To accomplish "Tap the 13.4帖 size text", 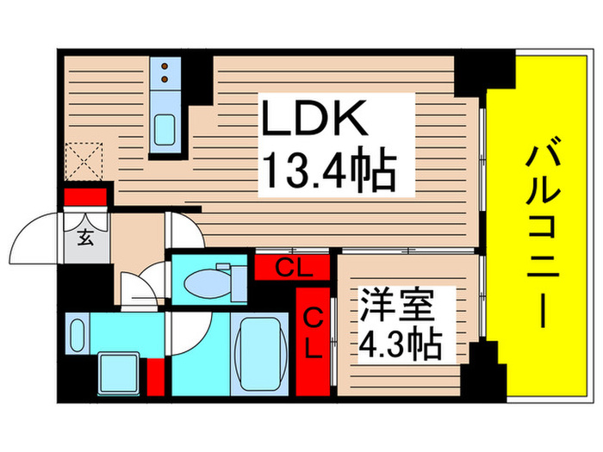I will click(328, 172).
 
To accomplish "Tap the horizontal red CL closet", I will click(292, 268).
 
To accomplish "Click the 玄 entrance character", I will click(87, 238).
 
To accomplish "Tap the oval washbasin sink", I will click(78, 333).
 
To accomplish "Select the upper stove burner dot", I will click(162, 65).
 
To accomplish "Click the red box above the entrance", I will click(85, 198).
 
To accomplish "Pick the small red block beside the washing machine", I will click(155, 373).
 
